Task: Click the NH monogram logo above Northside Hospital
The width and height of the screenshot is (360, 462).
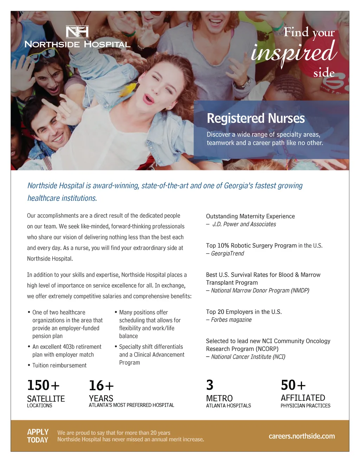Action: [77, 32]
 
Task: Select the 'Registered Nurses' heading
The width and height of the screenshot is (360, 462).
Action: [256, 118]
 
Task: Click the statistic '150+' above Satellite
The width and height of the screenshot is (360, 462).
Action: [43, 385]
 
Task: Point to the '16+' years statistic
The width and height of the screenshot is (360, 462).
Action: [101, 386]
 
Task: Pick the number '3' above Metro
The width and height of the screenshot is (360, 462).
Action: [210, 385]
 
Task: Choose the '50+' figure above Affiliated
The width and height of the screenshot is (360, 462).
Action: [293, 385]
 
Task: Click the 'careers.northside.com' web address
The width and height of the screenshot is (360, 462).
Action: [302, 436]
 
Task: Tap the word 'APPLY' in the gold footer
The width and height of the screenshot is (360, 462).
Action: [38, 432]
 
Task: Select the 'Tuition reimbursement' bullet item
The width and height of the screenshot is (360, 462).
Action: [59, 365]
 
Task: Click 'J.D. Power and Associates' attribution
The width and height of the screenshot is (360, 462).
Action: [244, 224]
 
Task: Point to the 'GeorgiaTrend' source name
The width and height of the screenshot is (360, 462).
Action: [227, 254]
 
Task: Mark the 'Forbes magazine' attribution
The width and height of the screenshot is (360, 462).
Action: [231, 320]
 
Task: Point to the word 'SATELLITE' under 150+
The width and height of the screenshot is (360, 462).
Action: [46, 399]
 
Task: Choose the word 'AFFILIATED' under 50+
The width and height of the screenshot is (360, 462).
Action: [303, 398]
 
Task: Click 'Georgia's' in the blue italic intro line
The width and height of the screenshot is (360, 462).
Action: [238, 186]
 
